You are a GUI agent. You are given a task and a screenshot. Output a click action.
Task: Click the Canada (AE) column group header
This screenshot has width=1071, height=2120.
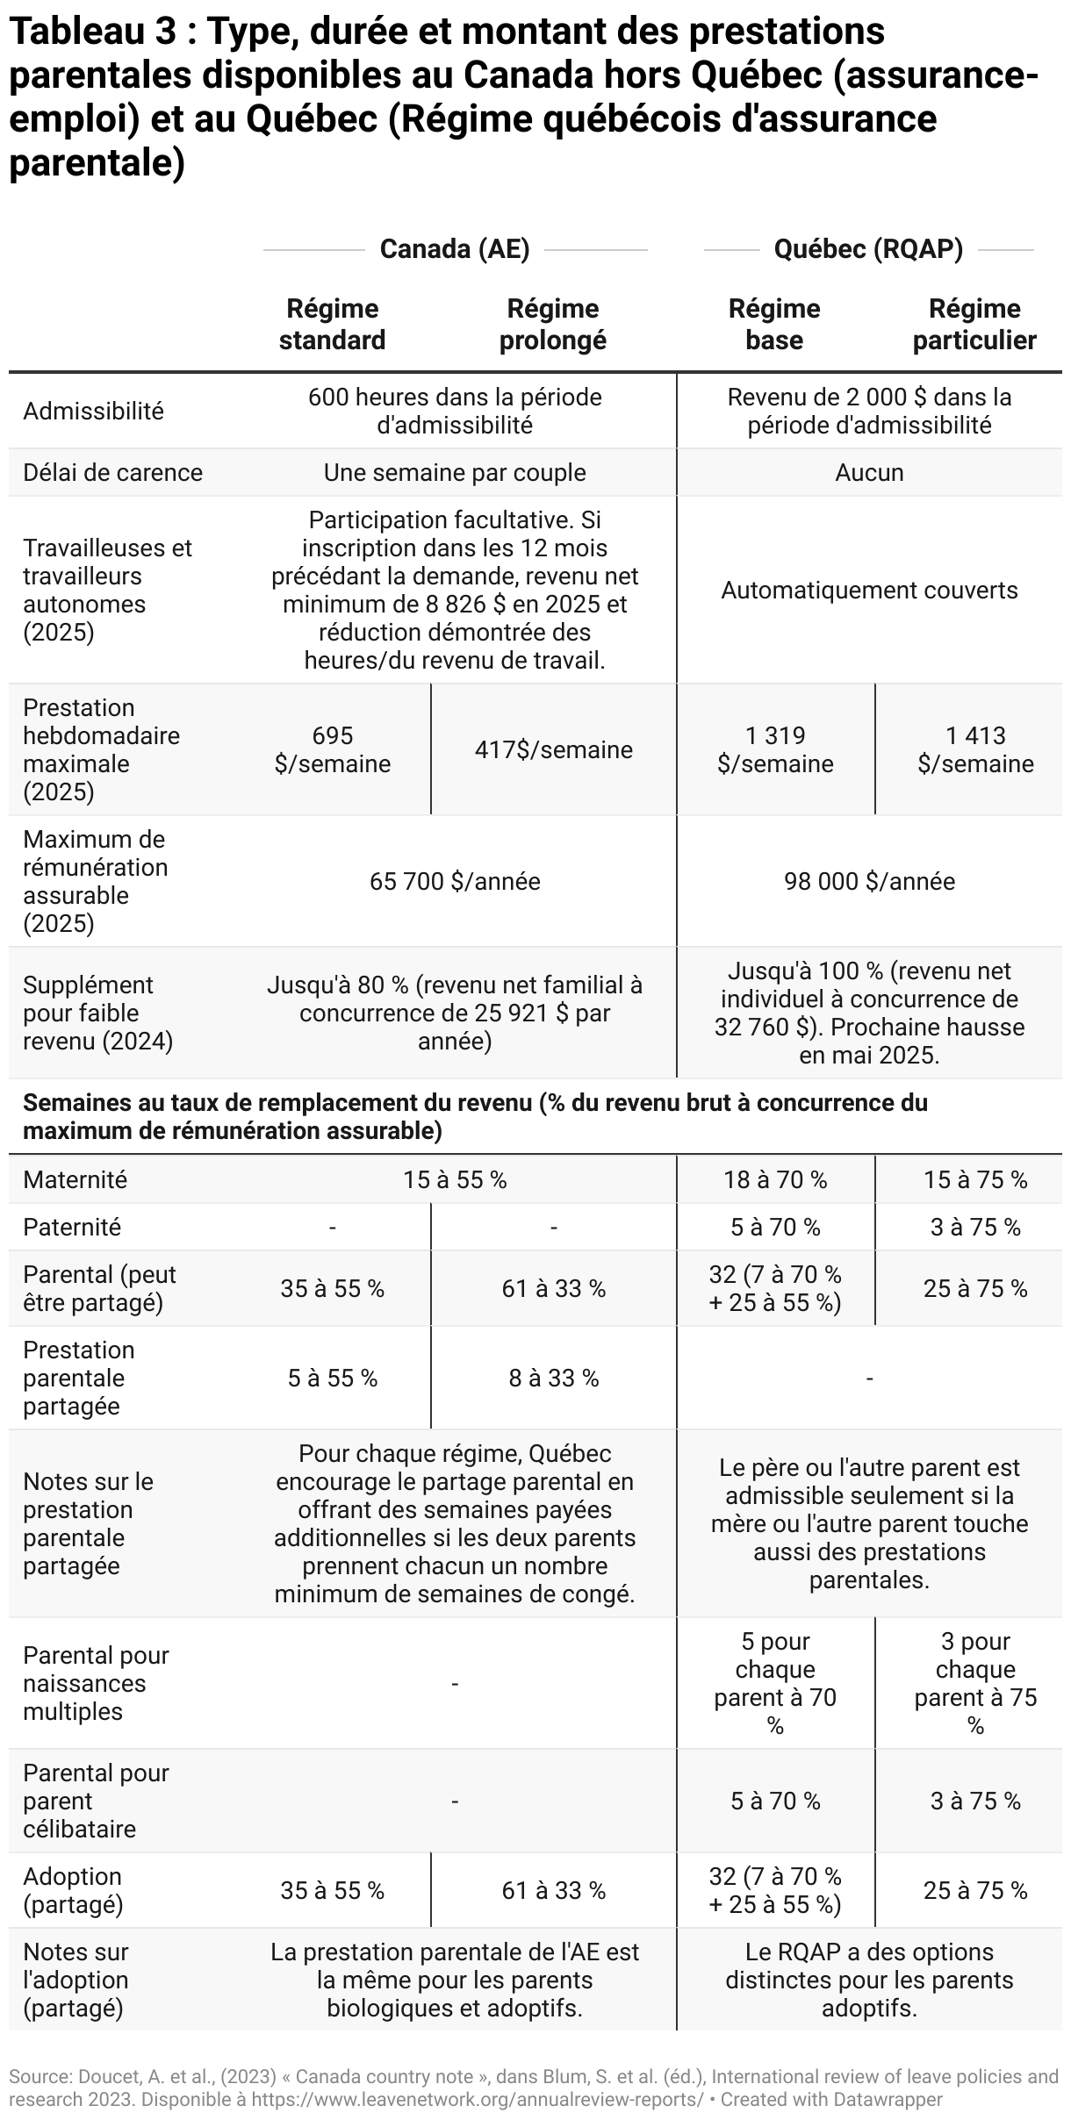(455, 249)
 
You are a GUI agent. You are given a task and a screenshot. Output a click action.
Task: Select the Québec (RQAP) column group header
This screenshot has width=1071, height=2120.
(868, 249)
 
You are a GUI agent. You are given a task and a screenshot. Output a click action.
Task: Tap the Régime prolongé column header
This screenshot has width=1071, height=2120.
(553, 324)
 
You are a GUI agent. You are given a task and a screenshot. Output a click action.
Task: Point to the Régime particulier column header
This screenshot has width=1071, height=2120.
(974, 324)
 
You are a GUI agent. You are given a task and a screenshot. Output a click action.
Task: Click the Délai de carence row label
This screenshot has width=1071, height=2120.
(112, 473)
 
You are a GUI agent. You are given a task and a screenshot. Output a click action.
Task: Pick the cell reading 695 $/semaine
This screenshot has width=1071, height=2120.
(332, 749)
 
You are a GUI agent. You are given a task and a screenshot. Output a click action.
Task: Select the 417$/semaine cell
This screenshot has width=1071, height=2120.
(553, 749)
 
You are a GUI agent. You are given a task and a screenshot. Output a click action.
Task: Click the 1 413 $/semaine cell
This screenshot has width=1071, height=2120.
(975, 749)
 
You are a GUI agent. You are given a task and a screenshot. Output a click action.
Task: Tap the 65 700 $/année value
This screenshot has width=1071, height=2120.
(455, 881)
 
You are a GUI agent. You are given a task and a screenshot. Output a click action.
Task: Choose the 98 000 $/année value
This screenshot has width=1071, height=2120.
(869, 881)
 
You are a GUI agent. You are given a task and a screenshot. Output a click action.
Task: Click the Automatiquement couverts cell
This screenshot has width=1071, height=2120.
(869, 590)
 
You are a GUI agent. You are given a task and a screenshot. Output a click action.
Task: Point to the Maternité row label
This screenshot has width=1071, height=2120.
(75, 1179)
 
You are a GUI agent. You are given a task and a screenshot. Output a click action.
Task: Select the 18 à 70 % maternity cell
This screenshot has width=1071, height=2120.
(775, 1179)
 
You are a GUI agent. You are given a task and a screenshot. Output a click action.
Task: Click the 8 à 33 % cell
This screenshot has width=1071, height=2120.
(553, 1378)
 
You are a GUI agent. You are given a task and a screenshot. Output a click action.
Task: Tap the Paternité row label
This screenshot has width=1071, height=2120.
(72, 1227)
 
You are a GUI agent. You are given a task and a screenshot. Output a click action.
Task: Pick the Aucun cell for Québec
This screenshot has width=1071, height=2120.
(869, 473)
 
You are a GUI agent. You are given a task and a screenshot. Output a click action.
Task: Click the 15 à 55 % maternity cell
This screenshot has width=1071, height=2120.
(455, 1179)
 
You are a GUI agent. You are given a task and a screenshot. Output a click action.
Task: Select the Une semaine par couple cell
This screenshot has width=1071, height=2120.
(455, 473)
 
